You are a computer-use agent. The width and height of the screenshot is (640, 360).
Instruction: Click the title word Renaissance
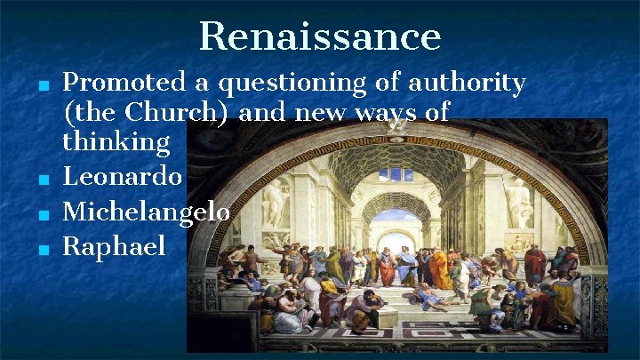pos(320,37)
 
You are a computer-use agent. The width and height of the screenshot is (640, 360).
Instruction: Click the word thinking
pos(116,142)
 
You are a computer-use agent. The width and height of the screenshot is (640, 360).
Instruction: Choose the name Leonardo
pos(123,177)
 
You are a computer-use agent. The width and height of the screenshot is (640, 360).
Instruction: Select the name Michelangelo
pos(147,212)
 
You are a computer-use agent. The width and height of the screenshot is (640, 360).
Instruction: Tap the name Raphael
pos(114,246)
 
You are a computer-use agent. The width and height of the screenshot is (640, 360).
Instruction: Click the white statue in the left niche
pos(277,203)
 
